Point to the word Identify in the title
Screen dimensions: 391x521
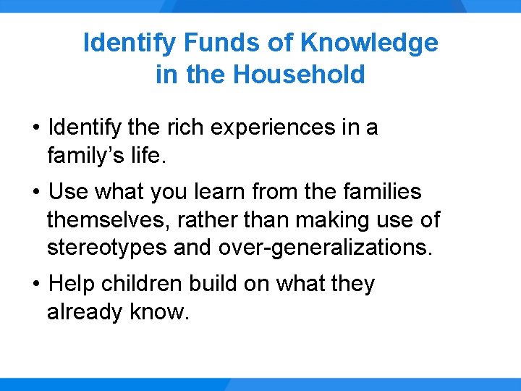130,43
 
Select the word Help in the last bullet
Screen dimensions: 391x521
72,284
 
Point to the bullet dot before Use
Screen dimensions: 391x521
35,193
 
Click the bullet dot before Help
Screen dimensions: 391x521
35,285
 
